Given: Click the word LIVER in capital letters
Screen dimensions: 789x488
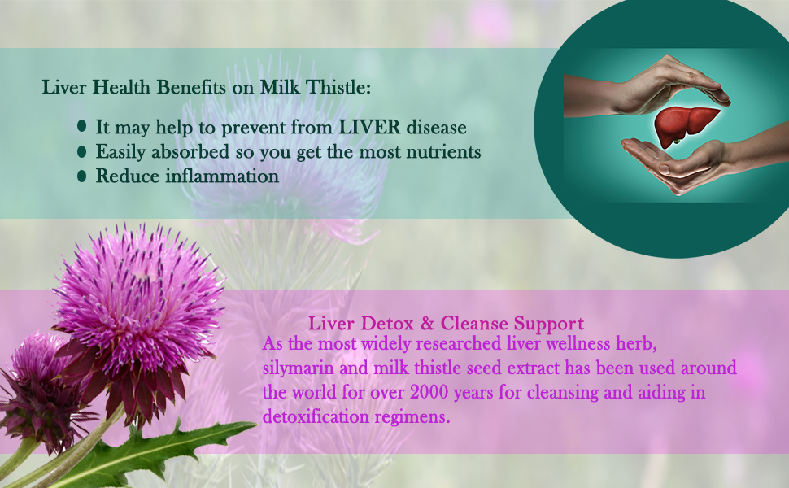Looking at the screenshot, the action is [370, 127].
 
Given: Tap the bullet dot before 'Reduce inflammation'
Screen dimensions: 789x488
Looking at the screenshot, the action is [82, 176].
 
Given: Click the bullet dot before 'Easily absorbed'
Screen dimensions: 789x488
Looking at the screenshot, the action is [82, 151].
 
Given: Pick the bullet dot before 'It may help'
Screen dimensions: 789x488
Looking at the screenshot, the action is [82, 126].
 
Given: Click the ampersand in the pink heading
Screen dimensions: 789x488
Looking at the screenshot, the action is [427, 323].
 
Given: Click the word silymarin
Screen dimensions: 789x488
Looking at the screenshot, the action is [298, 368].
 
